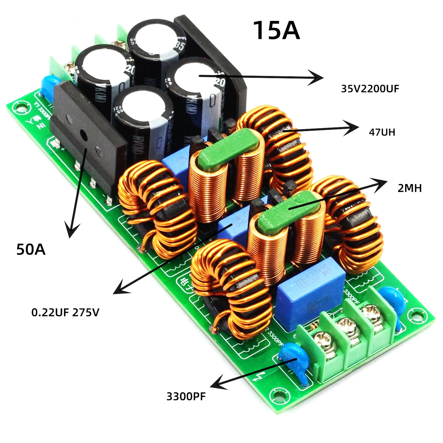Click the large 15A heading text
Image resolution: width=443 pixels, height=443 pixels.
pos(276,30)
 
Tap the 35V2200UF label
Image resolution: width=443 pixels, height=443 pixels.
pos(370,89)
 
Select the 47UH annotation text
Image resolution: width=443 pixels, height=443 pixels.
pos(382,132)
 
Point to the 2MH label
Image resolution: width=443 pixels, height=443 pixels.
pos(409,188)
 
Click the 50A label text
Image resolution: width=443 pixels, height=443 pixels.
pos(31,249)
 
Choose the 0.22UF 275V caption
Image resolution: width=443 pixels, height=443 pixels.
pos(65,312)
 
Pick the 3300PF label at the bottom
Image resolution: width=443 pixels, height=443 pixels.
pos(186,396)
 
